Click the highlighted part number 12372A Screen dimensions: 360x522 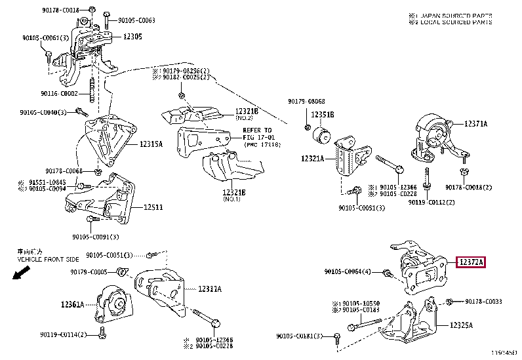click(471, 263)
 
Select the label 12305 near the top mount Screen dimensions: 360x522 click(133, 36)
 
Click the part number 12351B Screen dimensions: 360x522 click(323, 115)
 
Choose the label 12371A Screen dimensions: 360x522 click(476, 123)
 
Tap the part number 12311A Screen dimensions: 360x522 click(210, 289)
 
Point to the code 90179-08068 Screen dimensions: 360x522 click(306, 101)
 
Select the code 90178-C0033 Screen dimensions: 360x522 click(483, 302)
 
